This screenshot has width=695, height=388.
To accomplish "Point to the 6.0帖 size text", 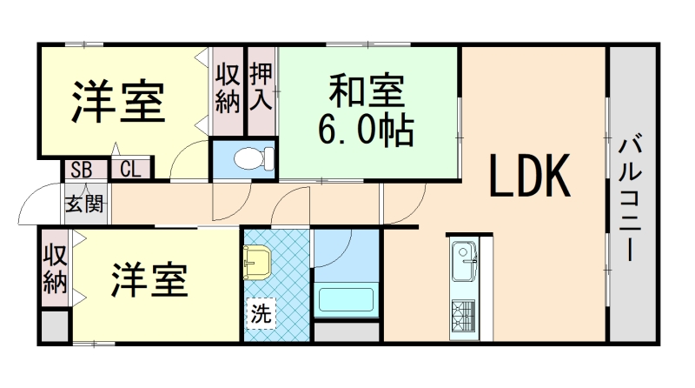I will coord(366,130).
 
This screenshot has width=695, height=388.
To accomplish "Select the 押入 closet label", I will coord(261,85).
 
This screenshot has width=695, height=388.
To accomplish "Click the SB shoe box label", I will coord(83,169).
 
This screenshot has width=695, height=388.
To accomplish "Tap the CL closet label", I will coord(130,169).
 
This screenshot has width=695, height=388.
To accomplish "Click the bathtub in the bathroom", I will coord(347,299).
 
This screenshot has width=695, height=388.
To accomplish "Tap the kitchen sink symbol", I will coord(462,258).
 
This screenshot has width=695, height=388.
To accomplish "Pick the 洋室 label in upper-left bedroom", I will coord(118,102).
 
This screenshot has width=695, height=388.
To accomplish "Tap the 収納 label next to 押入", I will coord(228,85).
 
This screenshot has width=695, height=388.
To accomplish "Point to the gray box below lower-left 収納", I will coord(54,327).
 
